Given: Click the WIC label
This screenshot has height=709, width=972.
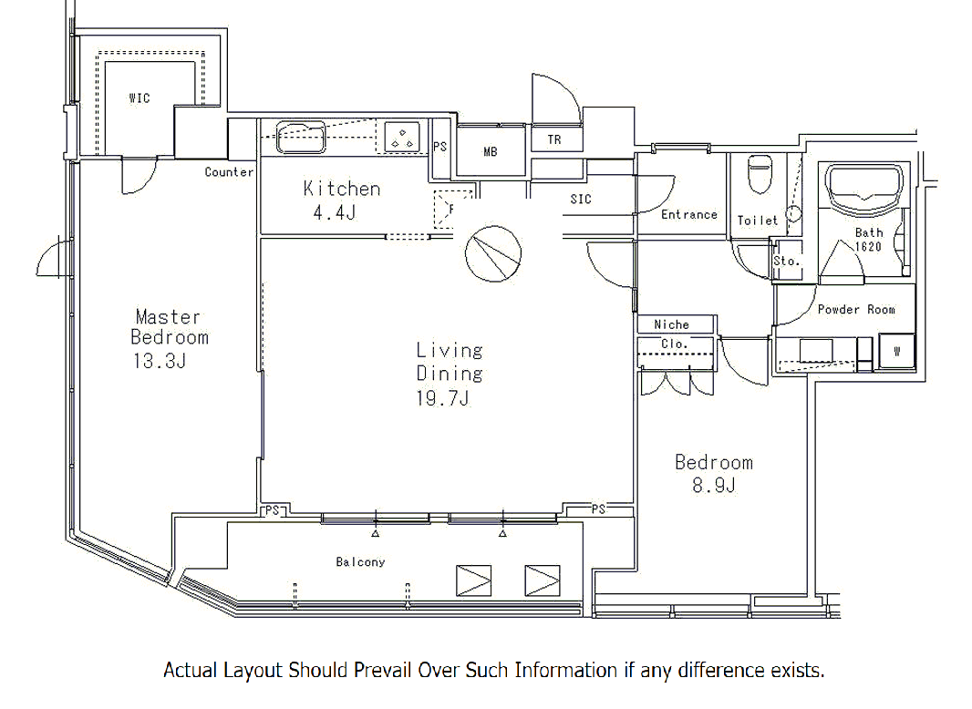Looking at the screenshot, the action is (x=140, y=98).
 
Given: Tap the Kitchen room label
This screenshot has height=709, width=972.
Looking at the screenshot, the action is (x=342, y=189).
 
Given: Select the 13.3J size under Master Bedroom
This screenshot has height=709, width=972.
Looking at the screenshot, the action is (x=160, y=361).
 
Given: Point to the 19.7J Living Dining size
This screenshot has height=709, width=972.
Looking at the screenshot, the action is (x=442, y=398).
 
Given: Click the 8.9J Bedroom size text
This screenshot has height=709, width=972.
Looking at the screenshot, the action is (x=714, y=485).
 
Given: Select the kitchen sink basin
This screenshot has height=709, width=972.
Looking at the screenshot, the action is (x=301, y=138).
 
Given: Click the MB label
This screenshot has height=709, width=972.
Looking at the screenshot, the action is (x=491, y=151).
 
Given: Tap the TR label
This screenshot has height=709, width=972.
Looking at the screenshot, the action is (x=554, y=140).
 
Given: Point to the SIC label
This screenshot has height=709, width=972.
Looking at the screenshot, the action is (x=581, y=199).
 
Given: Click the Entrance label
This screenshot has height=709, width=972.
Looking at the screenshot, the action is (x=688, y=214).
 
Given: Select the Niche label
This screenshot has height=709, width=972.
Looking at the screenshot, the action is (x=671, y=324).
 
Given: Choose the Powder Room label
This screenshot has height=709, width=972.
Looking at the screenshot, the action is (x=856, y=309).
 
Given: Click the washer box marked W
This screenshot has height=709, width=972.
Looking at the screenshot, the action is (x=896, y=352).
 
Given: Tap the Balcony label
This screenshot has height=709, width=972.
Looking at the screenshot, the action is (x=360, y=562).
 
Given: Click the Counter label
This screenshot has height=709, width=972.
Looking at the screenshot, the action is (x=229, y=171).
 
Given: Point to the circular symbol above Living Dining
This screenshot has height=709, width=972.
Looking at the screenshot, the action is (x=492, y=253).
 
